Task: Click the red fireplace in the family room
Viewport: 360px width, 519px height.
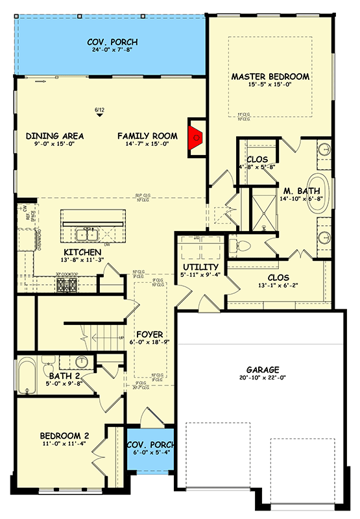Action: click(196, 137)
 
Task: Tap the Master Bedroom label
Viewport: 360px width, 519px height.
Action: click(270, 77)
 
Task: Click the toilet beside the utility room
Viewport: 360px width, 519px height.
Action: click(237, 246)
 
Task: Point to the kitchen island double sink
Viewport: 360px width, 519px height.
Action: click(86, 234)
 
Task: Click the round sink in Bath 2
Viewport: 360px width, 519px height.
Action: click(82, 361)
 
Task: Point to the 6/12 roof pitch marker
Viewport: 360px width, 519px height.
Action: click(99, 111)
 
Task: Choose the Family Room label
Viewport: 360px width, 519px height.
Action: click(147, 136)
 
